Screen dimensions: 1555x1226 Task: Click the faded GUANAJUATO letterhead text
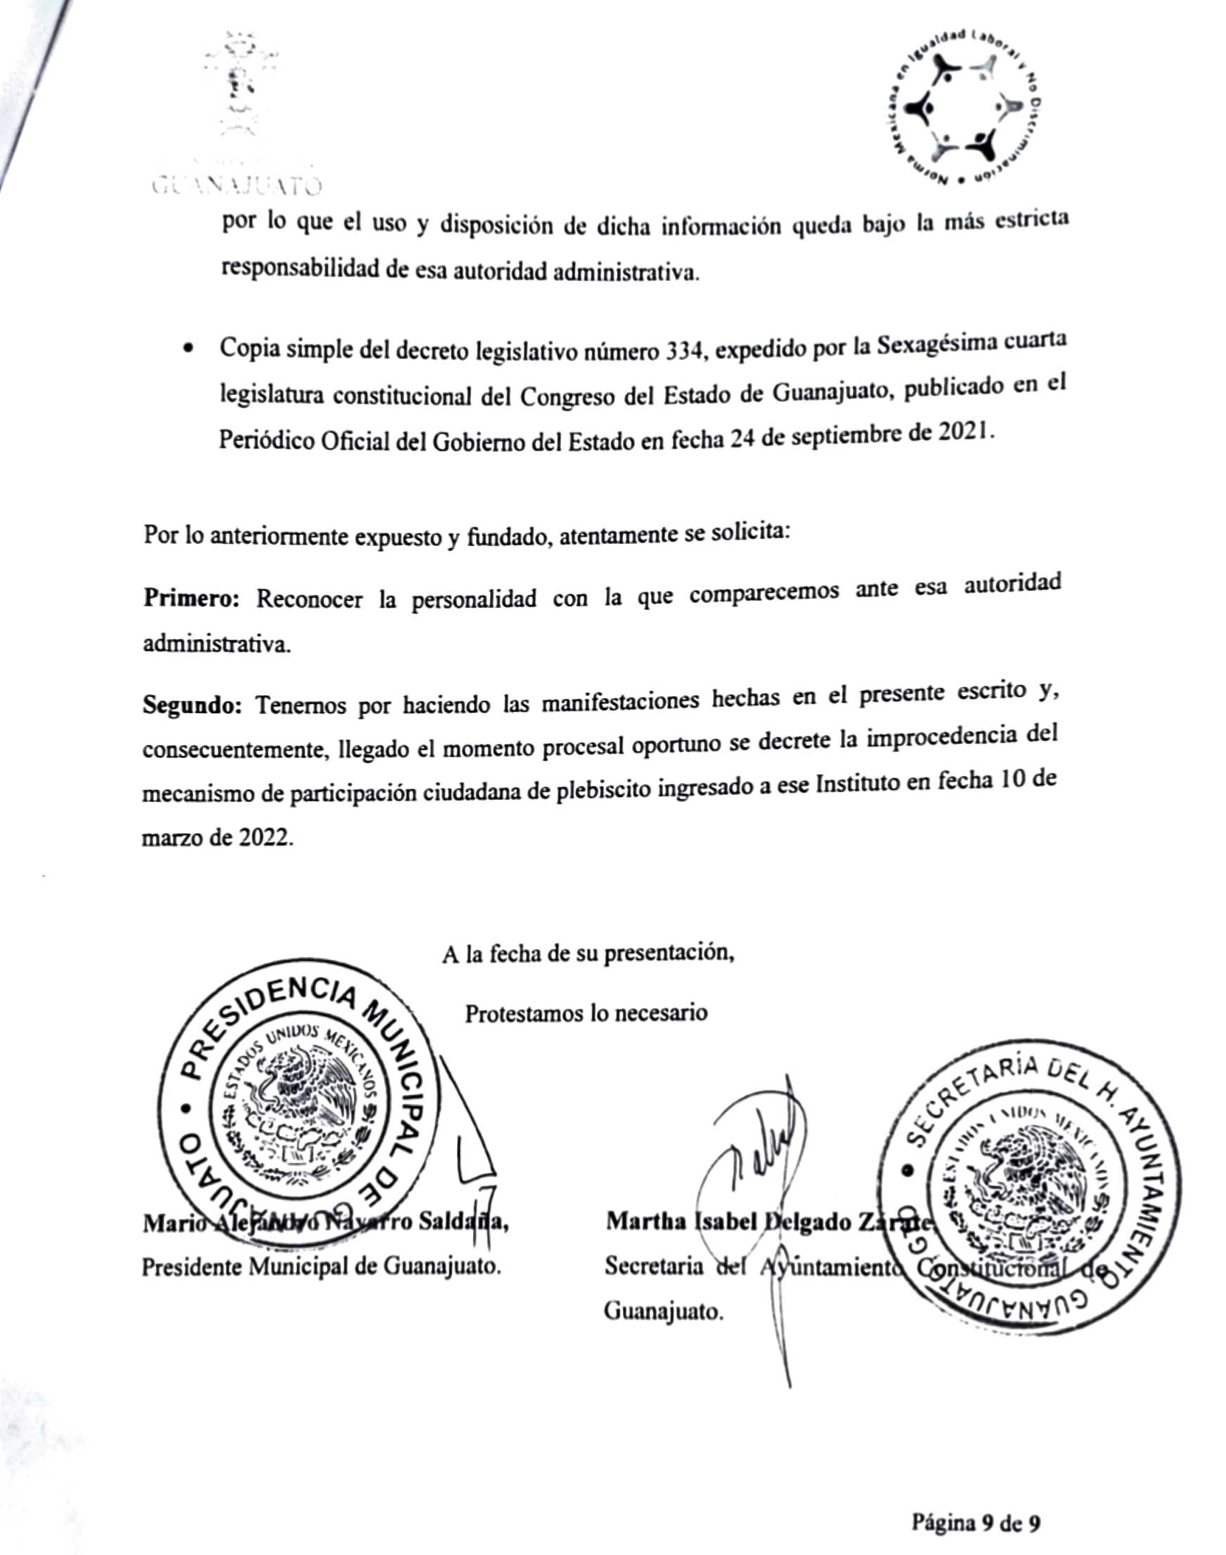pos(236,188)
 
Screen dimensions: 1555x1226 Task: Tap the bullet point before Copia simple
pos(188,351)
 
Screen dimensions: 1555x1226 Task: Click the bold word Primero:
pos(191,598)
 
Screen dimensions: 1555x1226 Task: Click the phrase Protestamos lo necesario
pos(586,1013)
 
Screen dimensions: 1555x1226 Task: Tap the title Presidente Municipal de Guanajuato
pos(321,1266)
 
